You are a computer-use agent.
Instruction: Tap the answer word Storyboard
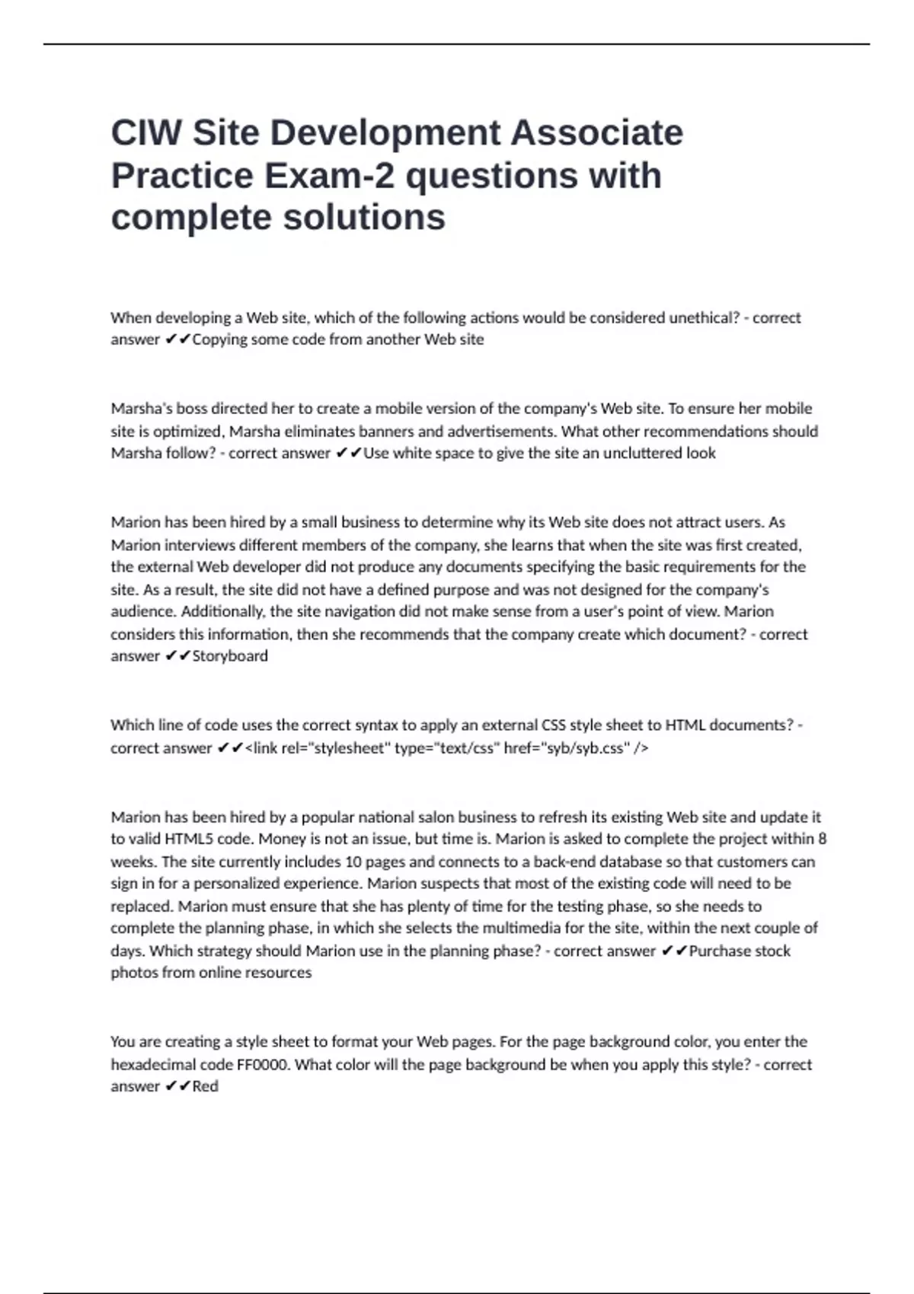point(230,656)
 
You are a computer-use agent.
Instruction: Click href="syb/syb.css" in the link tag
point(567,748)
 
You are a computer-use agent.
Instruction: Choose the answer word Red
point(205,1086)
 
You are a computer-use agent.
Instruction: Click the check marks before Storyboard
point(177,656)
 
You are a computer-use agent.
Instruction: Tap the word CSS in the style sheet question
point(553,725)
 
